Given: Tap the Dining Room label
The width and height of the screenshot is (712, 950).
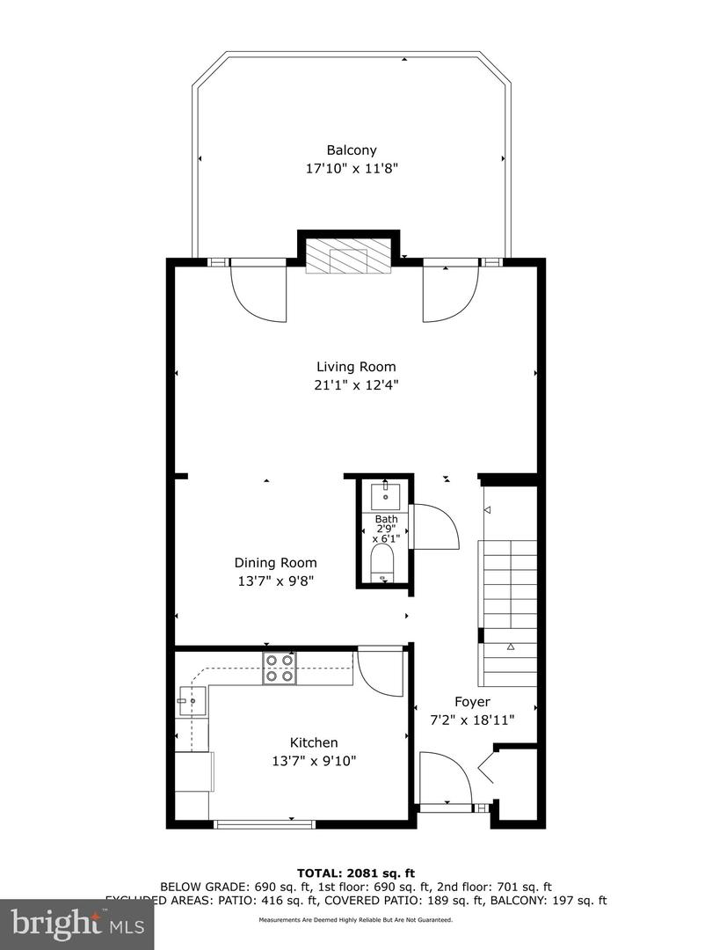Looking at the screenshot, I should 275,563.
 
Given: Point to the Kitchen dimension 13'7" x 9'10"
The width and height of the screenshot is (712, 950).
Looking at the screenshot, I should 314,761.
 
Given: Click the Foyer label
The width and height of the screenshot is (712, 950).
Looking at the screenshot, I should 472,701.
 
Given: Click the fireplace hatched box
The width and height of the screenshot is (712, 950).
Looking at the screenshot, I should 349,256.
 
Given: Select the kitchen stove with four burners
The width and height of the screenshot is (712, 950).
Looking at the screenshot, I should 280,669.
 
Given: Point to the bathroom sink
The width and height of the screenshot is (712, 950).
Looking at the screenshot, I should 386,495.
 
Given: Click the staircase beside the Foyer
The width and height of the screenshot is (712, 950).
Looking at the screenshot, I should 507,607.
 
